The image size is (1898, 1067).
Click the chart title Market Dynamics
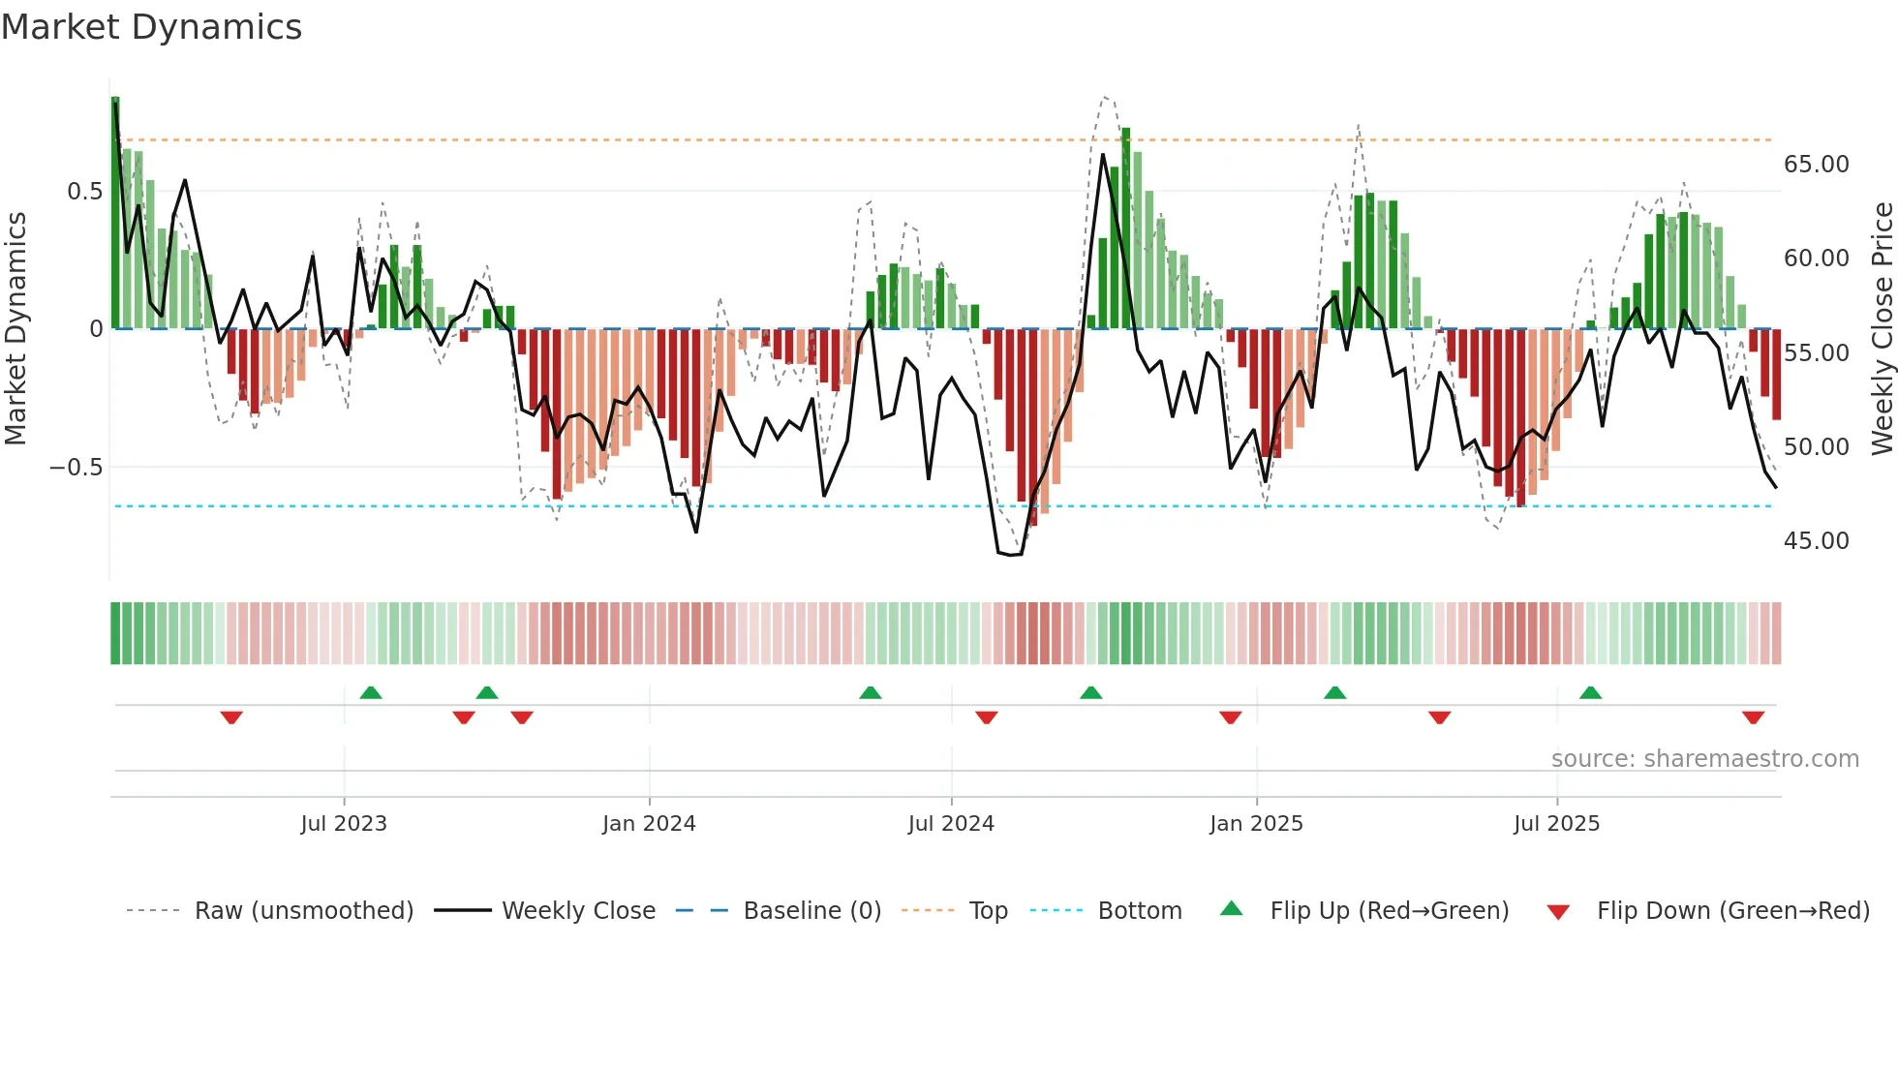152,27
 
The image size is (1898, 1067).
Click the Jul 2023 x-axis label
344,824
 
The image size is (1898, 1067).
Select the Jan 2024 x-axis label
649,824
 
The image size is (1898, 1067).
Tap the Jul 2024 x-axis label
951,824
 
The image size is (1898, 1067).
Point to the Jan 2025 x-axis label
1256,824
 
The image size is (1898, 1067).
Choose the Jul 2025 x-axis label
1557,824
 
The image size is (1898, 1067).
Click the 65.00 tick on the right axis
1817,165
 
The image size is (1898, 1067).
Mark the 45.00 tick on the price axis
1817,541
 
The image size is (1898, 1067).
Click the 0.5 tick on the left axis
84,192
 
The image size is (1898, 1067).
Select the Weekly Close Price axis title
1882,329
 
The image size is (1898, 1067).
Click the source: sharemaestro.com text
1704,759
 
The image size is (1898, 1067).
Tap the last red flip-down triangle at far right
1753,717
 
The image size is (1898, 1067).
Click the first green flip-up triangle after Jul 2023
371,692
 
